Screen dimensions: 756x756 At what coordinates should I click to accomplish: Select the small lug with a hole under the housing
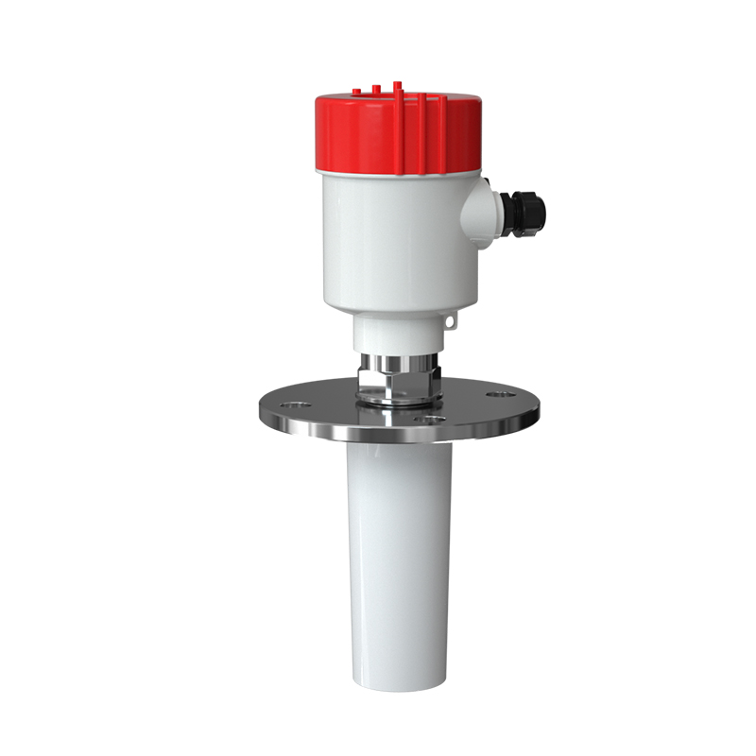point(449,324)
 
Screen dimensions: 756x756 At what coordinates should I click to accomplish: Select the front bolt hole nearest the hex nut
point(430,417)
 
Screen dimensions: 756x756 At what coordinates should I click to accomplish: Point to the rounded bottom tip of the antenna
point(399,679)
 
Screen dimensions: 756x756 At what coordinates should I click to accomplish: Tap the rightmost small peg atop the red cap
point(396,86)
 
